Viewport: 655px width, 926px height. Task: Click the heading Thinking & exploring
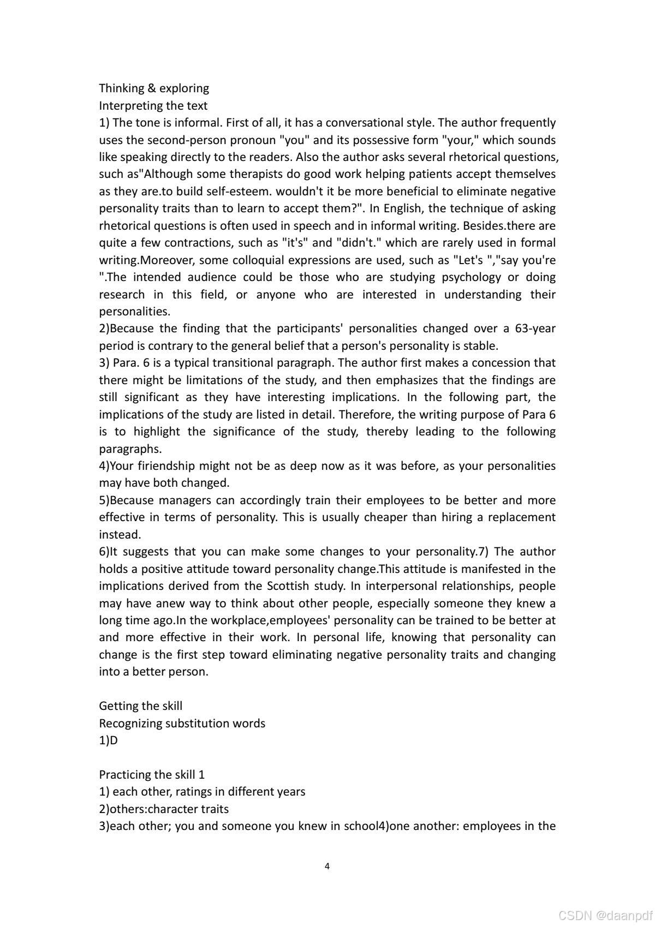pos(154,88)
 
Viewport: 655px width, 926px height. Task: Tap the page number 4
pos(327,866)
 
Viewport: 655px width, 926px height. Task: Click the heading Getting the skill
pos(141,706)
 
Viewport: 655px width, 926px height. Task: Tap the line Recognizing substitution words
pos(182,724)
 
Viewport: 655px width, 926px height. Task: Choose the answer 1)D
pos(108,740)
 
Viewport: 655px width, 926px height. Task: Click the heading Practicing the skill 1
pos(152,775)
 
